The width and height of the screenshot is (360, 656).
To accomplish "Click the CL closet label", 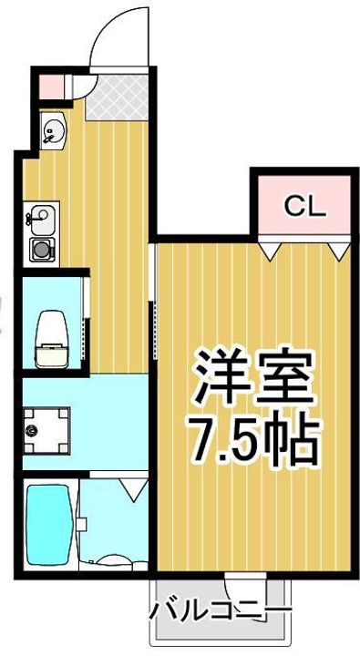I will (x=303, y=207).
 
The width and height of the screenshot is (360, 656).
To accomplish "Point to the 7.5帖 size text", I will (x=252, y=439).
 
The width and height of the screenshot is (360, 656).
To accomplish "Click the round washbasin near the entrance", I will (x=51, y=132).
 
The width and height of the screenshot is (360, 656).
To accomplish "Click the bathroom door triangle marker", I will (x=133, y=485).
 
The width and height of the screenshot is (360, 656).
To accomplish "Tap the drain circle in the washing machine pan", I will (x=33, y=427).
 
